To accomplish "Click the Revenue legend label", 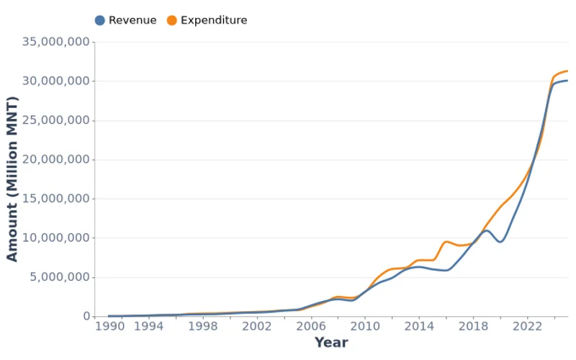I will point(132,20).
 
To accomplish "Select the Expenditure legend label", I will point(214,20).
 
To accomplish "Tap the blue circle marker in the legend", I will point(100,20).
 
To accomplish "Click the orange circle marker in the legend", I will point(172,20).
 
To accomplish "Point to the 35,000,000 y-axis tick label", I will point(56,42).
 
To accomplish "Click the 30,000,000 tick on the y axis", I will point(56,81).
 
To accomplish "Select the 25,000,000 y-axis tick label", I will point(56,120).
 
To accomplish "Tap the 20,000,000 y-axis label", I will point(56,160).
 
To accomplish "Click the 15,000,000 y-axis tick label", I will point(56,199).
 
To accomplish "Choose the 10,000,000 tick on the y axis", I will point(56,238).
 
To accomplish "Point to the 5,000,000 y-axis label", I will point(60,277).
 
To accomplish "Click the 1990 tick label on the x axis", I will point(109,326).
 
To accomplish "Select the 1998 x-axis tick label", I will point(202,326).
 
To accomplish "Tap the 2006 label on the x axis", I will point(310,326).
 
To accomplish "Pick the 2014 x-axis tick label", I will point(418,326).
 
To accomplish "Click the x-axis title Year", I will point(331,343).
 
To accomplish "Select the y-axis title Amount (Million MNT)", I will point(12,179).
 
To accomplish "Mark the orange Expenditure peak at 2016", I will point(446,241).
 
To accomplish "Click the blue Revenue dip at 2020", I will point(500,241).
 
